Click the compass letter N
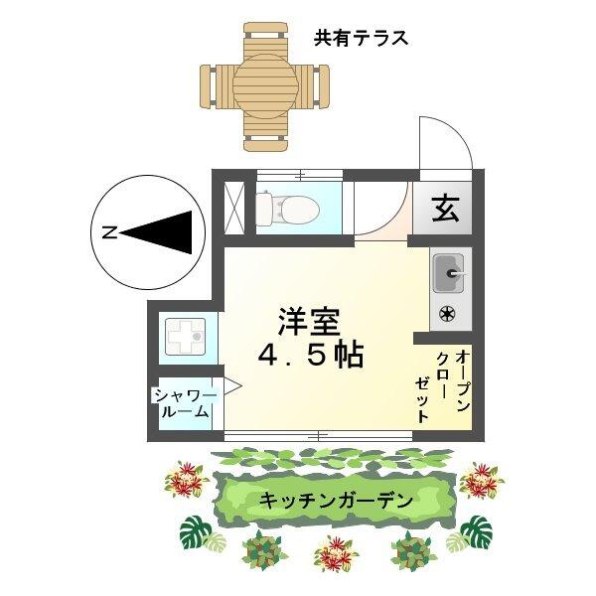[108, 232]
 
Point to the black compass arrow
[159, 232]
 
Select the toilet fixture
[285, 209]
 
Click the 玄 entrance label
[445, 210]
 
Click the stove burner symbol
[448, 315]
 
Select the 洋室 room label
[309, 321]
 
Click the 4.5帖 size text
[310, 355]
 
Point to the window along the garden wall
[318, 435]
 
